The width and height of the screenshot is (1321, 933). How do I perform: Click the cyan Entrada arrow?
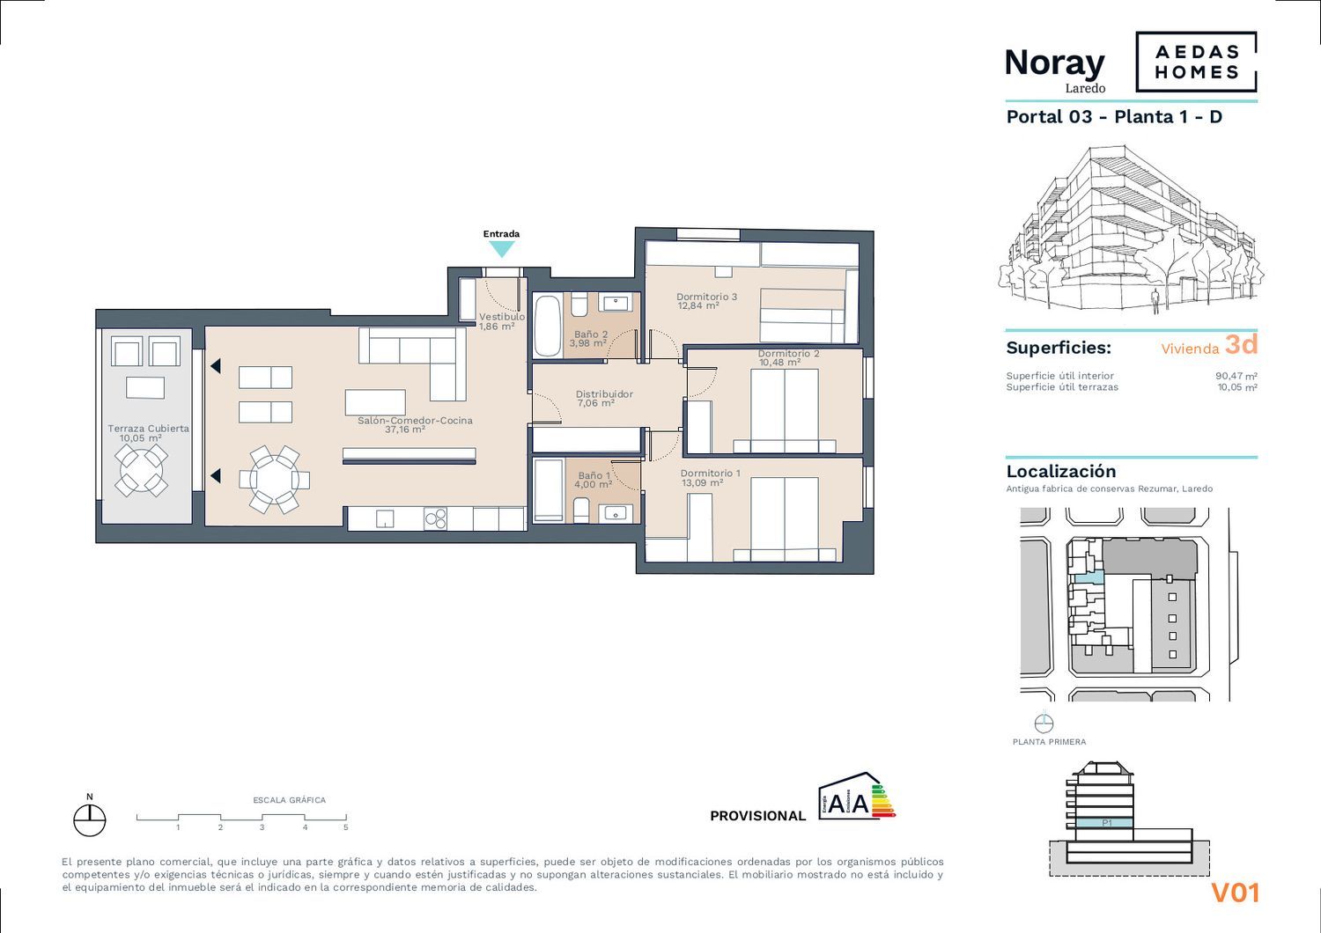point(502,250)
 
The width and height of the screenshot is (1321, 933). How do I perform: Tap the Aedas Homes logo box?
point(1196,62)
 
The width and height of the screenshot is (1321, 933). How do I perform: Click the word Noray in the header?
point(1054,63)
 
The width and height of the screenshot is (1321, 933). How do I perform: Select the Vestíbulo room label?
point(501,317)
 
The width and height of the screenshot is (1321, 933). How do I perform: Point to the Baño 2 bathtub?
point(547,326)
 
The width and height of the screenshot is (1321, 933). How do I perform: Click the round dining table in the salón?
point(274,480)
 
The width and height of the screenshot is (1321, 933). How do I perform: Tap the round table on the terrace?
point(142,470)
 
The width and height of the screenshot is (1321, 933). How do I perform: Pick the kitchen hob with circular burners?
point(435,519)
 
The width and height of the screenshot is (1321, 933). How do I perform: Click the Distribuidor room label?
point(604,394)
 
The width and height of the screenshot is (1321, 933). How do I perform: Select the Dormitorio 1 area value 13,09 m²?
point(703,482)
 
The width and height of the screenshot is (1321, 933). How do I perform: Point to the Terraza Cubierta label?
point(148,429)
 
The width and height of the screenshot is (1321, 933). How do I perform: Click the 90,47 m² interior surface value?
point(1236,376)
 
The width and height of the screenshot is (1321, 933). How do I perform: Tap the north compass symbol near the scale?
point(90,819)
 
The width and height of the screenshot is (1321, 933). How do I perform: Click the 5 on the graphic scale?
point(345,827)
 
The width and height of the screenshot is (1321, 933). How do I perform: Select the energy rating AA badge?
point(856,797)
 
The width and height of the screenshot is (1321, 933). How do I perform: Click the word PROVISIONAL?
point(757,816)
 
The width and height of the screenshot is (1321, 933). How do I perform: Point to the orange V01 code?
point(1235,893)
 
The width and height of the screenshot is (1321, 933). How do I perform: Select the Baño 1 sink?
point(616,514)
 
